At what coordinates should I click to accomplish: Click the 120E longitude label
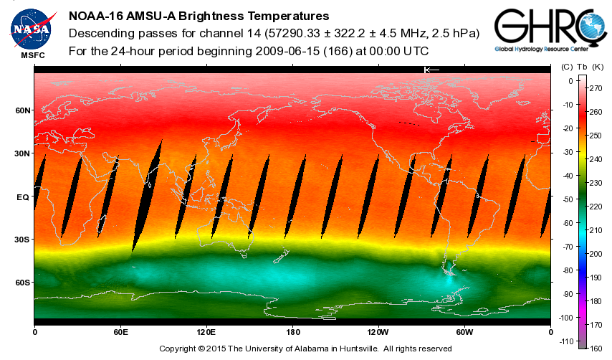point(206,333)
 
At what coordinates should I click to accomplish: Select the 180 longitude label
point(292,333)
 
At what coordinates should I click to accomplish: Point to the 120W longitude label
point(378,333)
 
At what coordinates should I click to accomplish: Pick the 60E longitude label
point(120,333)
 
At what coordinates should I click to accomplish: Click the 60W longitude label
point(464,333)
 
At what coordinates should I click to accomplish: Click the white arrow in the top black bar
point(431,70)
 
